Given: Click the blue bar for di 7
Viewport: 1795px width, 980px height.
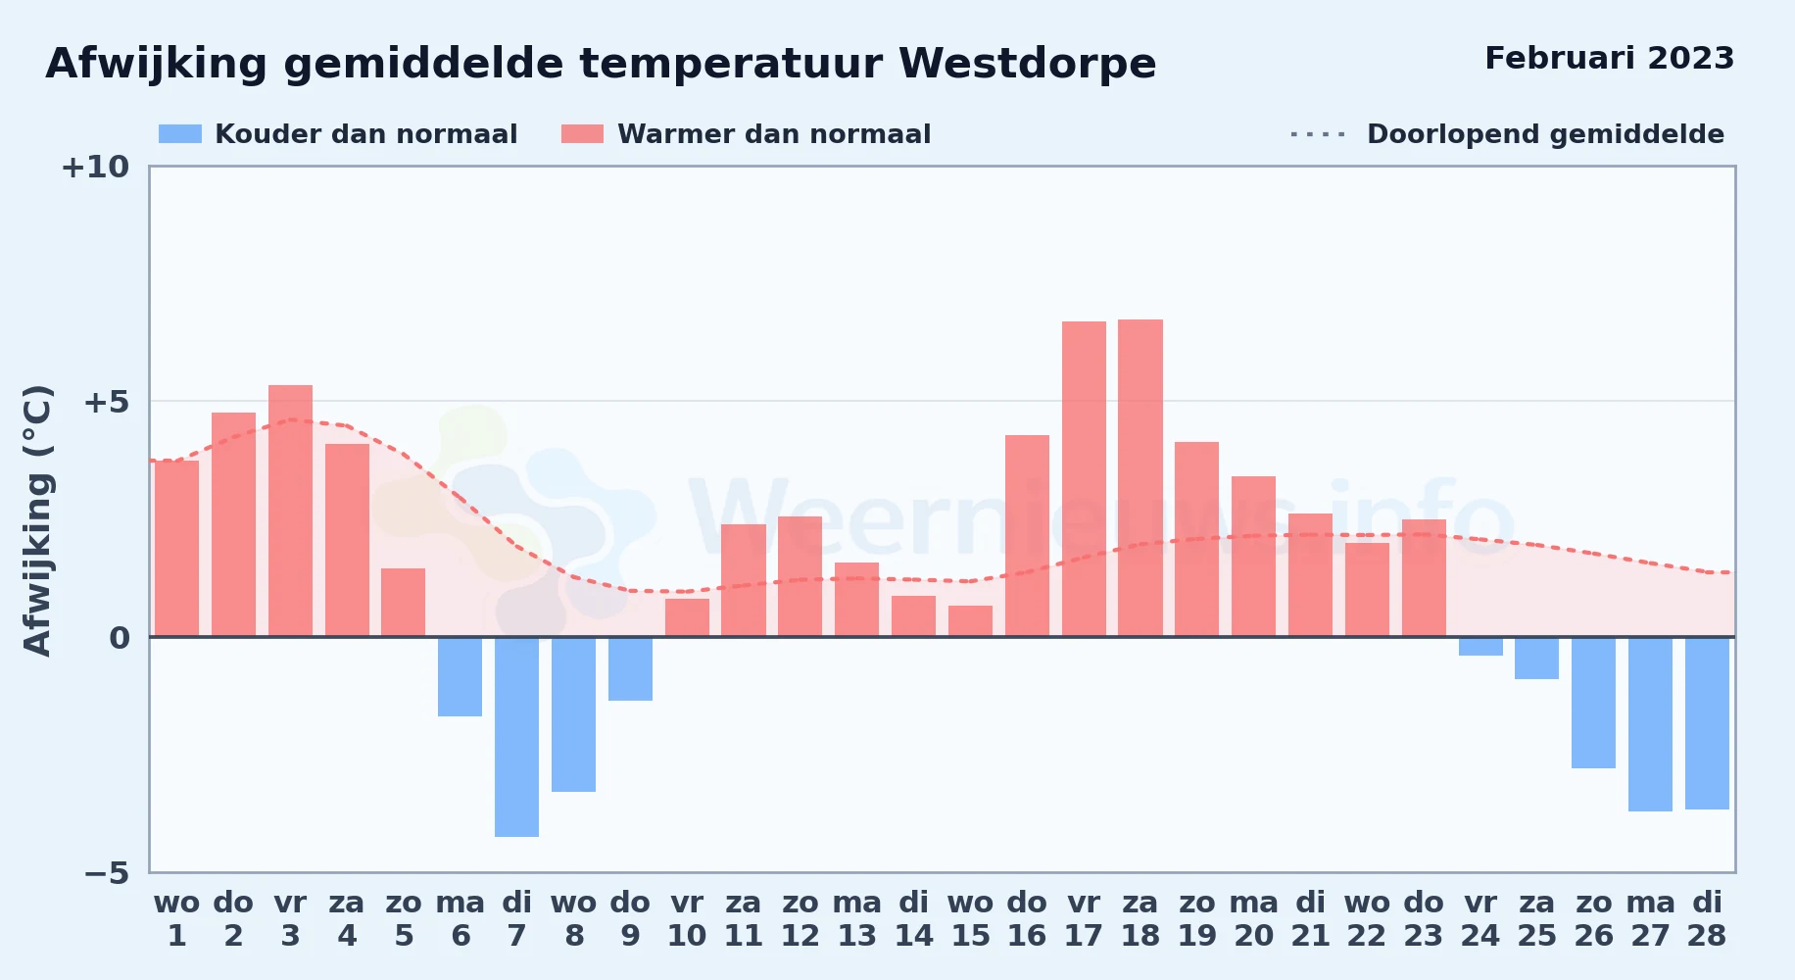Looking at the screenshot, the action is (x=516, y=737).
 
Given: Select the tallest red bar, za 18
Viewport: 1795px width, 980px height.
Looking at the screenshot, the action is (x=1140, y=478).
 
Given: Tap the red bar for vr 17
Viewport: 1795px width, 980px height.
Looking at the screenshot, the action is (x=1084, y=479).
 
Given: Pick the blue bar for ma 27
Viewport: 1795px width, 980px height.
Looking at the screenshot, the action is (x=1650, y=724).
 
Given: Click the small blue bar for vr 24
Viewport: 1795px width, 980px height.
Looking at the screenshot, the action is (x=1480, y=647).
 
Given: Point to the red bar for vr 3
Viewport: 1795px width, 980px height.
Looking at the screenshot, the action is (x=290, y=511).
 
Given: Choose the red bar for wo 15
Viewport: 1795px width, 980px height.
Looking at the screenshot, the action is (x=970, y=621).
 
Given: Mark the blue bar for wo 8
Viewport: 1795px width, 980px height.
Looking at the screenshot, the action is (x=573, y=714).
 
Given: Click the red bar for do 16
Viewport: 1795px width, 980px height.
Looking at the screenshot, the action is (x=1027, y=536).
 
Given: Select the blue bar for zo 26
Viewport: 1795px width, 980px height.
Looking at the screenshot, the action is (x=1593, y=703).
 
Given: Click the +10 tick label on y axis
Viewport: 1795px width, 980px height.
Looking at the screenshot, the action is (x=95, y=167).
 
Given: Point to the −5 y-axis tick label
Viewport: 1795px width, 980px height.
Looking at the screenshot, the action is (x=106, y=872).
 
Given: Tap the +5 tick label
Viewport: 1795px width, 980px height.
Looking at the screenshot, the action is (x=106, y=402).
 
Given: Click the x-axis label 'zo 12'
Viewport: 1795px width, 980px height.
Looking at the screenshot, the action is (x=800, y=918).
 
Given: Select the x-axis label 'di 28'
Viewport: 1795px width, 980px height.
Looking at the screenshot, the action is (x=1707, y=918).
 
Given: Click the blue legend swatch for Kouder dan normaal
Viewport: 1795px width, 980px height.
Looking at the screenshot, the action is (x=180, y=134).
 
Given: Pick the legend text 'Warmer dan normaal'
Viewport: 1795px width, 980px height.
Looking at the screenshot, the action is (x=774, y=134).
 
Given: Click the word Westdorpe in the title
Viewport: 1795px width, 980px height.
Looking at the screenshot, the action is (x=1028, y=64).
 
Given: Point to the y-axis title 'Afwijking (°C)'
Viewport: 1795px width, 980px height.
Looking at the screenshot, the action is (x=37, y=519).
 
